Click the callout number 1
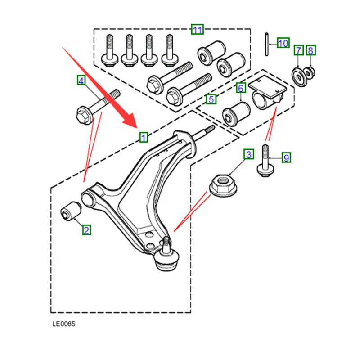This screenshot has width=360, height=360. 143,137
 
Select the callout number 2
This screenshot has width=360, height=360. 86,230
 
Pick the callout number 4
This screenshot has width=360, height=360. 81,81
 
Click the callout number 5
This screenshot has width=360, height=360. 210,98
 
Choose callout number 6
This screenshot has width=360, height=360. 240,88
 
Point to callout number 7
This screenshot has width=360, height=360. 298,50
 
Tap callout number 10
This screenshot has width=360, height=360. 283,43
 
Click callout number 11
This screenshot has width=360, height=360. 197,30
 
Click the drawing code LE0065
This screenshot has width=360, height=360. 63,323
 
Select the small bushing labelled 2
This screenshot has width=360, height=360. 71,211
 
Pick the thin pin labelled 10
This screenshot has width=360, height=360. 267,45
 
